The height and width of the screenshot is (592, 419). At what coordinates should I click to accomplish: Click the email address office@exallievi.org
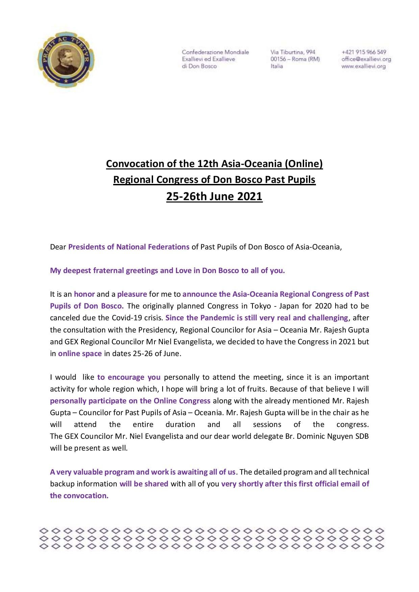click(x=366, y=59)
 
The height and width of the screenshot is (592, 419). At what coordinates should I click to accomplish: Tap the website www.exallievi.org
click(x=363, y=66)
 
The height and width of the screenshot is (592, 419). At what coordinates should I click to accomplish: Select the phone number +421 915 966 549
click(x=364, y=52)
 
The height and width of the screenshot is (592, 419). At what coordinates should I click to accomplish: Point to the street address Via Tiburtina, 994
click(x=293, y=52)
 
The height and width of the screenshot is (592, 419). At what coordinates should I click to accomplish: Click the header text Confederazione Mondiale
click(x=215, y=52)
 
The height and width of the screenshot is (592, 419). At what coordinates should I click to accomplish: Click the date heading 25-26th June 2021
click(x=214, y=196)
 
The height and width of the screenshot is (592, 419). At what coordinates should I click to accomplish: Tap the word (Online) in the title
click(x=304, y=164)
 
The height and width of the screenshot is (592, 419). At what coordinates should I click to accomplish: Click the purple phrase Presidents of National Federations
click(x=129, y=247)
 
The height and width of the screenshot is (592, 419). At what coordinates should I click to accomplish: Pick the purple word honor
click(x=84, y=294)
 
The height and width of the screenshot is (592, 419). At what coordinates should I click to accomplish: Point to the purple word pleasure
click(x=132, y=294)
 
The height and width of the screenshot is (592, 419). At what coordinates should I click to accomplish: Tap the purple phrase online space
click(x=80, y=353)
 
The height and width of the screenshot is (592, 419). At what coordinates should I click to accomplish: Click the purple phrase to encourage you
click(x=129, y=377)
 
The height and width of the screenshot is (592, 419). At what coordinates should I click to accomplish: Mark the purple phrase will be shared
click(x=144, y=484)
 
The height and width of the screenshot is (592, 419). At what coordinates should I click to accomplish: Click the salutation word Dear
click(x=58, y=247)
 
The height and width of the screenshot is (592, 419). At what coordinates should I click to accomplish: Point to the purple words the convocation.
click(x=79, y=495)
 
